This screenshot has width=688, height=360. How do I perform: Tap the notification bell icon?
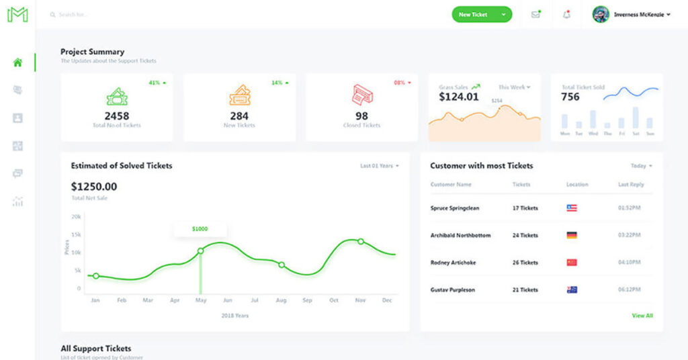[566, 15]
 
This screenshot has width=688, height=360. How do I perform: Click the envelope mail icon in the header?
[535, 15]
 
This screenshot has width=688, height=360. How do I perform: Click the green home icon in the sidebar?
[17, 62]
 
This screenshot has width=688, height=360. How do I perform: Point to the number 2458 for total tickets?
[116, 116]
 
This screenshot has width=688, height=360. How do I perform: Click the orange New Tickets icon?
[239, 95]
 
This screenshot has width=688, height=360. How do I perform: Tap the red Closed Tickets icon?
[362, 95]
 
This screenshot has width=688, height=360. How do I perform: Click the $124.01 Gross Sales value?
[459, 97]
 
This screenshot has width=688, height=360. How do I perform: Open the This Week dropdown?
[514, 87]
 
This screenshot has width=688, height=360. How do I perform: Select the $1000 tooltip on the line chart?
[200, 229]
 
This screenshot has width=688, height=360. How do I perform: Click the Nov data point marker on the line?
[361, 241]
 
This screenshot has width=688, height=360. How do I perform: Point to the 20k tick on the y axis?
[77, 217]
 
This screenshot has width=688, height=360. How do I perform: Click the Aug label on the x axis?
[281, 301]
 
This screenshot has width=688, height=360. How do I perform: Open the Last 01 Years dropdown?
[379, 166]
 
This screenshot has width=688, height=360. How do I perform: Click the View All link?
[642, 316]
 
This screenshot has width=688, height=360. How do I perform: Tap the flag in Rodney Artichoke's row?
[572, 263]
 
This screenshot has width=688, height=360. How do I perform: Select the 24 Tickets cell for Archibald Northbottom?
[525, 236]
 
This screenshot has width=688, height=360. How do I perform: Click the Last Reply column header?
[631, 185]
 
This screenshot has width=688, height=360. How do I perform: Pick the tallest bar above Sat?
[636, 117]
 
